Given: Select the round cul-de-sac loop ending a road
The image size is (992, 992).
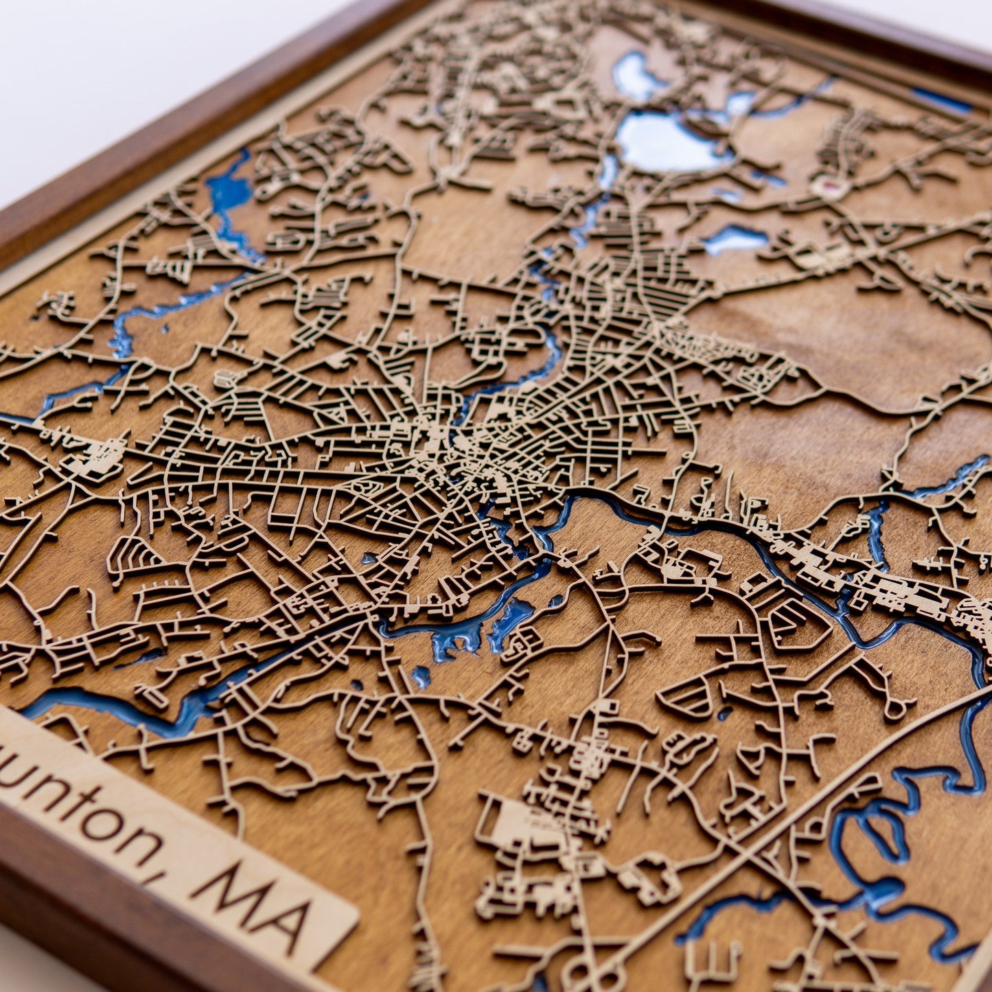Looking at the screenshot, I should [896, 707].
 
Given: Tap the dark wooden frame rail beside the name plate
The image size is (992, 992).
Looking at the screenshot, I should [103, 920].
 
